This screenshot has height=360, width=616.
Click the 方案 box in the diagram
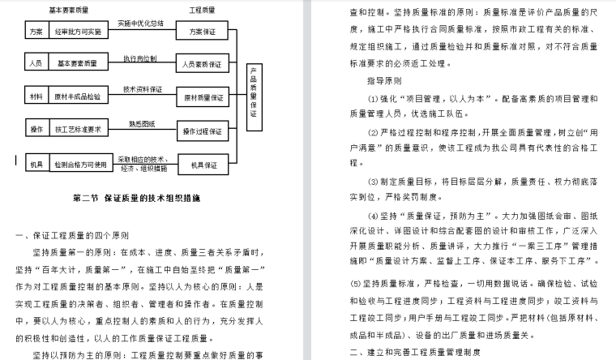coord(36,32)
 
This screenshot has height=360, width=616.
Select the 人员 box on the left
coord(36,63)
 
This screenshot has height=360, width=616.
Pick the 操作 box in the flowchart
coord(36,130)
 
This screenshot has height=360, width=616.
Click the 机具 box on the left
coord(36,165)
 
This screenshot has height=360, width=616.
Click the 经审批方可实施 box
coord(79,32)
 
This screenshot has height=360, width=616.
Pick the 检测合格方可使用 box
coord(79,165)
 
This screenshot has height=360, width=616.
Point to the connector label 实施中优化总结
coord(141,24)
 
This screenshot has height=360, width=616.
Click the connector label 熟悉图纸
coord(141,123)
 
